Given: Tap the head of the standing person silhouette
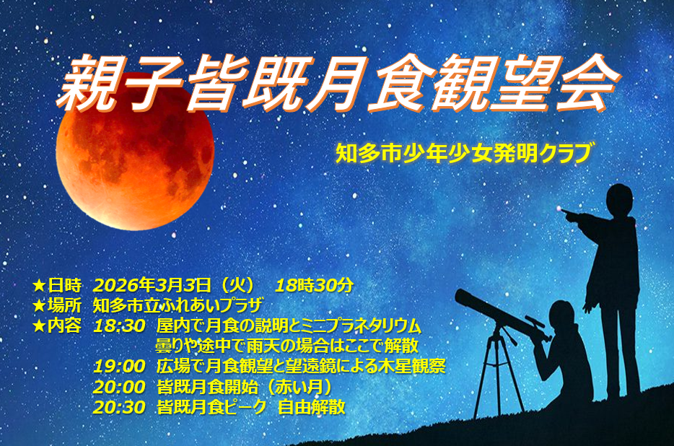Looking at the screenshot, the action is click(619, 200).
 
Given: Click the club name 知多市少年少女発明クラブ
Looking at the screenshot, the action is click(464, 153).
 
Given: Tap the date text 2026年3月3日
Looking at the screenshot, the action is click(152, 285).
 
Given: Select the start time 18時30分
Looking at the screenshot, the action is click(314, 285).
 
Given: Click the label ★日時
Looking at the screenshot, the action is click(57, 285).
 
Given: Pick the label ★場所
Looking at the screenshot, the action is click(57, 305).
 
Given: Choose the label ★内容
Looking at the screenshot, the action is click(57, 325).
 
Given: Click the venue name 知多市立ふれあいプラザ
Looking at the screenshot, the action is click(178, 305).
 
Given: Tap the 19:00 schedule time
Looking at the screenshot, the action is click(119, 367).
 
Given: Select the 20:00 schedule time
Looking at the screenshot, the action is click(119, 387).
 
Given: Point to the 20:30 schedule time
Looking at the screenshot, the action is click(119, 407).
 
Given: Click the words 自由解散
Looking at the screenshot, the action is click(312, 407).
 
